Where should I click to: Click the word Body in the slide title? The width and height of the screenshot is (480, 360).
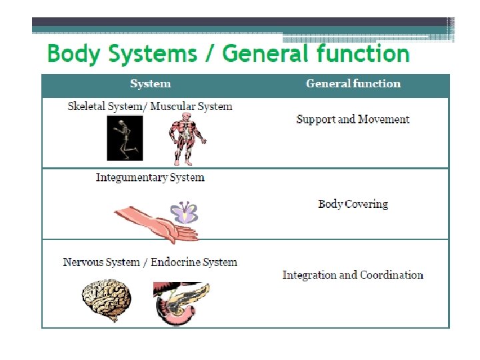pyautogui.click(x=72, y=53)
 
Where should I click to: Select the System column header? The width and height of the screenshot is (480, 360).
pyautogui.click(x=150, y=84)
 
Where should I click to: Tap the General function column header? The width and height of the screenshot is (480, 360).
pyautogui.click(x=353, y=84)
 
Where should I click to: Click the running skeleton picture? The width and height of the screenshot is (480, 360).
pyautogui.click(x=125, y=138)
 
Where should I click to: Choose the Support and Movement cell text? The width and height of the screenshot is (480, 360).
pyautogui.click(x=353, y=119)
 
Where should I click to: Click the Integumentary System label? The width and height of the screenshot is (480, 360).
pyautogui.click(x=150, y=177)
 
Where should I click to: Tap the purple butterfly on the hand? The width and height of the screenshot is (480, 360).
pyautogui.click(x=184, y=213)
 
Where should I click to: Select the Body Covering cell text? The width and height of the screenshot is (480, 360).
pyautogui.click(x=353, y=204)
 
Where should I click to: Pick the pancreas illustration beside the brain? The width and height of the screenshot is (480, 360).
pyautogui.click(x=180, y=303)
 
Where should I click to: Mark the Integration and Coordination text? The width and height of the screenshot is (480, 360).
pyautogui.click(x=353, y=275)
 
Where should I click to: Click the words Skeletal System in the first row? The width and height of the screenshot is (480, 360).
pyautogui.click(x=105, y=106)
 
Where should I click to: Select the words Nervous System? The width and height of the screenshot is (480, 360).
pyautogui.click(x=101, y=262)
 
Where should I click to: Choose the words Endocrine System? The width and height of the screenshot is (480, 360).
pyautogui.click(x=193, y=262)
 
